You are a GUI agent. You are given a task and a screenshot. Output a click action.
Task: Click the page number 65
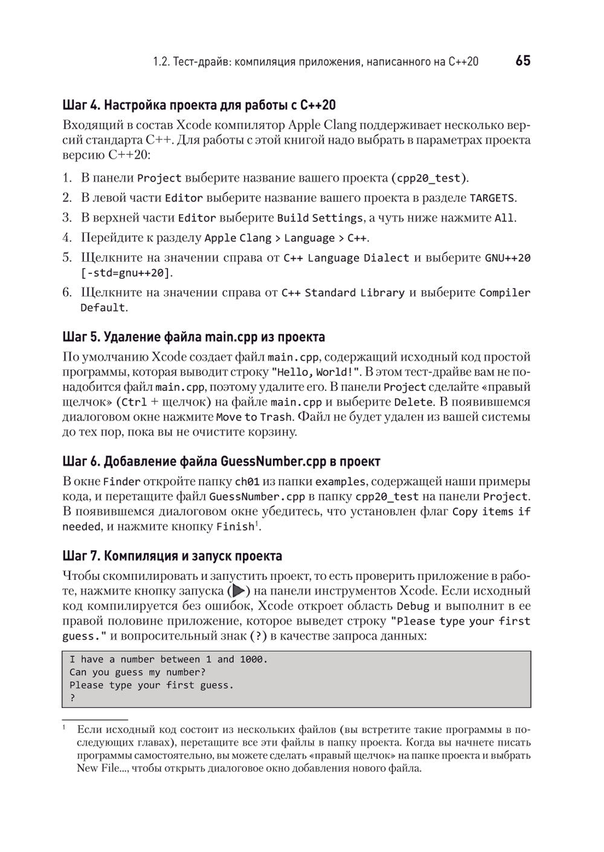coord(522,61)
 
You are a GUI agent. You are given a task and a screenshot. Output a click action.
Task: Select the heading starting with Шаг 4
coord(199,105)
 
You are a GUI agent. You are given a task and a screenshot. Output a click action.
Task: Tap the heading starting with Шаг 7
coord(172,555)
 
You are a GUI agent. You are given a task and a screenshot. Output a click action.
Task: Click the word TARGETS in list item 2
coord(492,198)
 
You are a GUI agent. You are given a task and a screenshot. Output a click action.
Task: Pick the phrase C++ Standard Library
coord(342,293)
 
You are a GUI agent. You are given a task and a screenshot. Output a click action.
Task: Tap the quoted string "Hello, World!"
coord(315,372)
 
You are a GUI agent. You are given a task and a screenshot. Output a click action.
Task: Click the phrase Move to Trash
coord(254,417)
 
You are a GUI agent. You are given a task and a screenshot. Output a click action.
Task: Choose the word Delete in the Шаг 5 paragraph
coord(413,402)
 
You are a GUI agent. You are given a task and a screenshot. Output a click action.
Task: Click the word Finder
coord(121,482)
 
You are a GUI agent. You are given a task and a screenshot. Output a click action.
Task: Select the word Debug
coord(413,606)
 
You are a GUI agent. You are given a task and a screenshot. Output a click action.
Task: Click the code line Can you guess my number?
coord(137,672)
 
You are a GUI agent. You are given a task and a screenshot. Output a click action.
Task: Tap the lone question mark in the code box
coord(72,698)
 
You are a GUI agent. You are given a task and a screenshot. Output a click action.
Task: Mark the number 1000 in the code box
coord(252,660)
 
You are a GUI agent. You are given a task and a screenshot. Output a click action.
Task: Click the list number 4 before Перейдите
coord(67,238)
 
